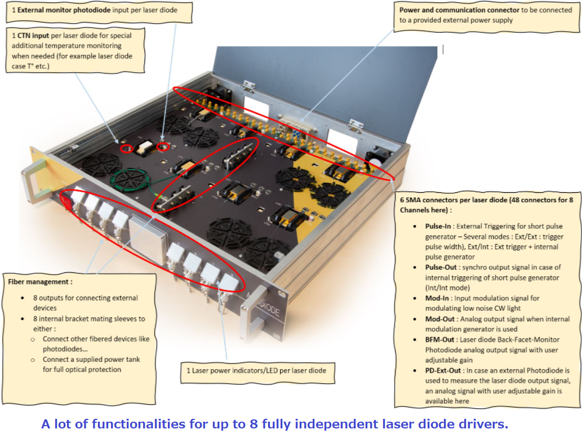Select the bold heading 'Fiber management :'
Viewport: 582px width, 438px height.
(40, 281)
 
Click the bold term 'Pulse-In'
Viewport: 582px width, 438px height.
(438, 227)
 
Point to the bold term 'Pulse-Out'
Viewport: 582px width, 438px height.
(441, 267)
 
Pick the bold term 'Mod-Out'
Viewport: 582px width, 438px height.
(440, 318)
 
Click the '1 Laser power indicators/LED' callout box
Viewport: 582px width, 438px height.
(256, 370)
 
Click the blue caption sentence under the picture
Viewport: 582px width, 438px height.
(274, 424)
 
